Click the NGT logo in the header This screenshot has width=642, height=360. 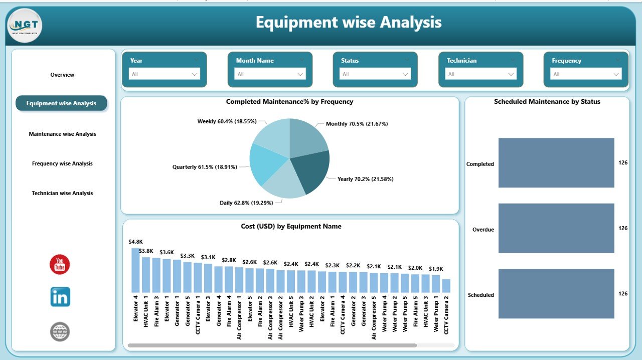24,25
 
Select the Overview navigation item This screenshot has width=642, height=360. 62,75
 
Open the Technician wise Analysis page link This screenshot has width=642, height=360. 62,193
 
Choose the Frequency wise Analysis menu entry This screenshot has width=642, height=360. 62,163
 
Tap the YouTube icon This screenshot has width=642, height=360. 60,264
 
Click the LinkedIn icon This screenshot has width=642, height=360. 60,297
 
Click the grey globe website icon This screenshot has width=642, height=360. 60,331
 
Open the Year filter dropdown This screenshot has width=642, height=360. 164,74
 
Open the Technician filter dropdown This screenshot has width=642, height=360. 480,74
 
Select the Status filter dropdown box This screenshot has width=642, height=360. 375,74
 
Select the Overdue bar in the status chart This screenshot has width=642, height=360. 556,228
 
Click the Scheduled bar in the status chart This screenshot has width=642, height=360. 556,294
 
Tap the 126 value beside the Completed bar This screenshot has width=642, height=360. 623,162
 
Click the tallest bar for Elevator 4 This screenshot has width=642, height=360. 135,270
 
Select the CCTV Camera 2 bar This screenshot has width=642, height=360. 446,286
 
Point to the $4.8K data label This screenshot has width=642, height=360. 135,242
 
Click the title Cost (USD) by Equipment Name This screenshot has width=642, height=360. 291,226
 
